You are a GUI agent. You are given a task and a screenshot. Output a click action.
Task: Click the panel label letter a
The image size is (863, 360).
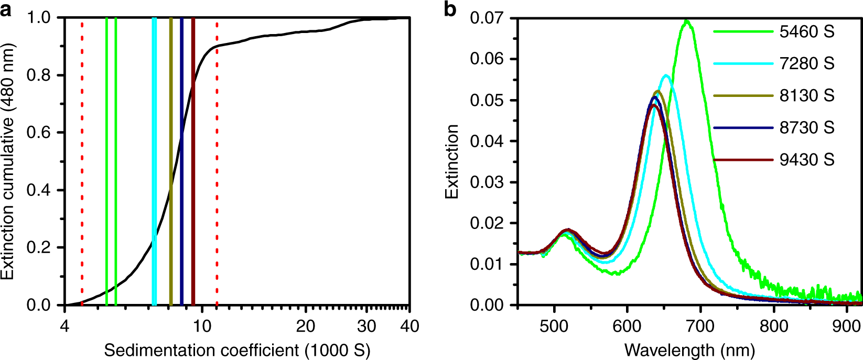[6, 9]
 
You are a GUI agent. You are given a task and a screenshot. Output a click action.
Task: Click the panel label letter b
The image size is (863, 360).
[450, 9]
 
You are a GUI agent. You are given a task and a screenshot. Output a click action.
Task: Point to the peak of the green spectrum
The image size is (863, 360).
[686, 21]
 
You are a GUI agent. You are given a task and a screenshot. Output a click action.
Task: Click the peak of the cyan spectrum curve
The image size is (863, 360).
[666, 75]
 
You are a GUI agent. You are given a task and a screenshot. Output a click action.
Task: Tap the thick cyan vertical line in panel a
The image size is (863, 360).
[154, 157]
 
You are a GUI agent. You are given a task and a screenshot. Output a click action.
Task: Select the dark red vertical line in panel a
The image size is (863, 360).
[193, 157]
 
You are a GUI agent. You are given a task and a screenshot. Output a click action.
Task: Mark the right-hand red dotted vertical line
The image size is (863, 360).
[217, 157]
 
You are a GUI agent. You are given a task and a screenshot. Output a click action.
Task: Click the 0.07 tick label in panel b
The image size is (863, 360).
[486, 18]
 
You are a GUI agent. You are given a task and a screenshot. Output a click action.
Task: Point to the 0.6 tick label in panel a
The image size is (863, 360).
[40, 133]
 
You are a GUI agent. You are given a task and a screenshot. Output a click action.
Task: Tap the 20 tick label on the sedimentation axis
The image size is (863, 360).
[305, 326]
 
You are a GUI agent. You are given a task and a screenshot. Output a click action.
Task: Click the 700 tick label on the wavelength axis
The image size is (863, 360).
[700, 326]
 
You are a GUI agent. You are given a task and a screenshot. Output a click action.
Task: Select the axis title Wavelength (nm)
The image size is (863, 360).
[689, 350]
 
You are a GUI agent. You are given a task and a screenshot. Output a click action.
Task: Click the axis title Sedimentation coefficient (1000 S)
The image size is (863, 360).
[237, 350]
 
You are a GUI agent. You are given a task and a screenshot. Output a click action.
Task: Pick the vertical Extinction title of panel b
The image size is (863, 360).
[452, 161]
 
